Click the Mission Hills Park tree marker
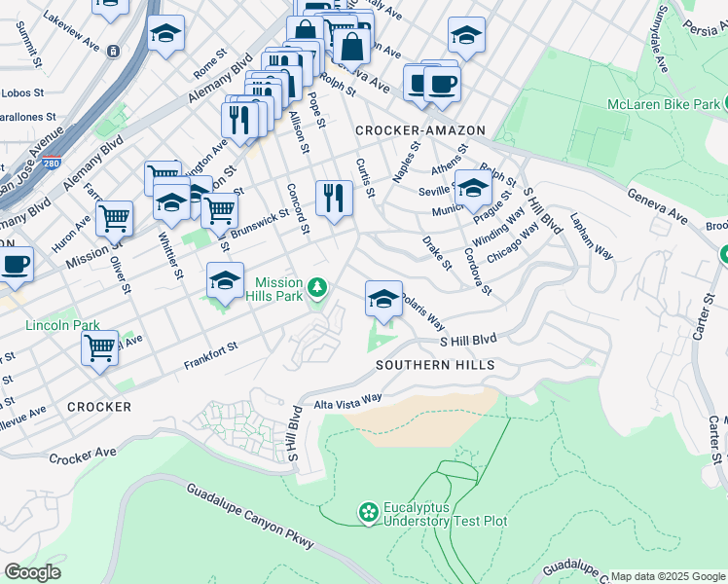point(317,287)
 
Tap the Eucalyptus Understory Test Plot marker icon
point(368,512)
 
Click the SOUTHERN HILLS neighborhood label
point(435,365)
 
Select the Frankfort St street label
point(211,356)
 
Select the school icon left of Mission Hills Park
point(225,281)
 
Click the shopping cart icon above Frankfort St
point(99,347)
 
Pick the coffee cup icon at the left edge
point(15,264)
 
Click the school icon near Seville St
point(473,188)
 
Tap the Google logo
point(32,571)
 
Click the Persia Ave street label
point(704,29)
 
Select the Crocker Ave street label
point(83,455)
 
